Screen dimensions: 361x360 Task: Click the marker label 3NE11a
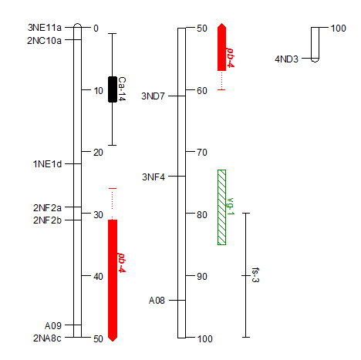[x=45, y=28]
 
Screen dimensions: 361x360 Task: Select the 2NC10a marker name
[x=44, y=40]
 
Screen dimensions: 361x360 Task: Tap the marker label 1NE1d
[x=47, y=164]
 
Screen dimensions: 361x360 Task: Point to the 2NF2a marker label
[x=47, y=207]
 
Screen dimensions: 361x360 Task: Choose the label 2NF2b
[x=47, y=220]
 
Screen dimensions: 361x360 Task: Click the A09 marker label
[x=53, y=325]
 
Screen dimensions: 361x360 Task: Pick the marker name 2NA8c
[x=47, y=338]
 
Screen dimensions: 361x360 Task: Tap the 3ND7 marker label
[x=153, y=96]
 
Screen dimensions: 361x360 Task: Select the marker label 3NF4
[x=154, y=177]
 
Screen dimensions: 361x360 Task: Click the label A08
[x=157, y=300]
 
